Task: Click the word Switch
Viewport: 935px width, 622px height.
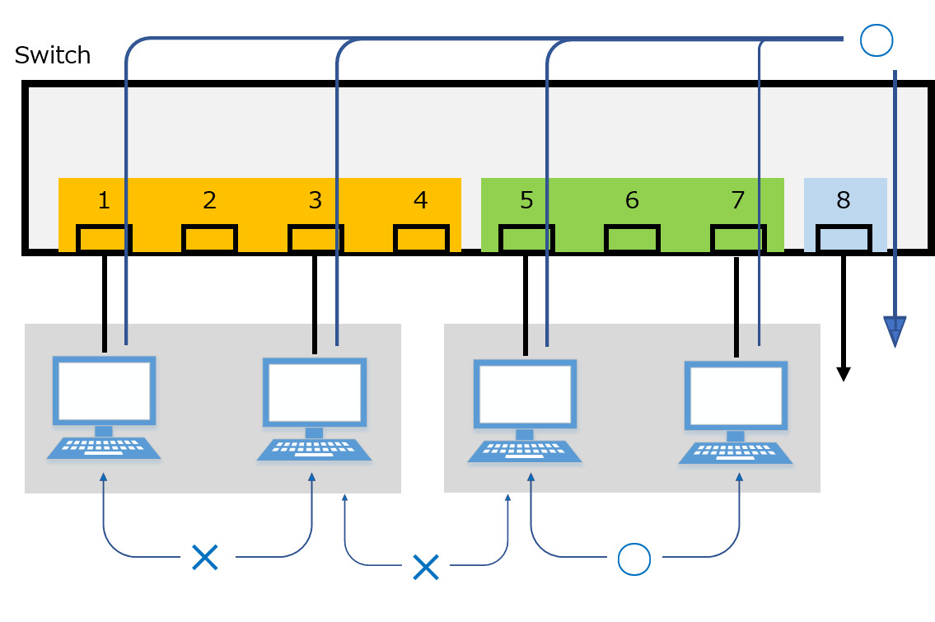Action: pyautogui.click(x=53, y=55)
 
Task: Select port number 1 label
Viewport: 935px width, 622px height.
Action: pyautogui.click(x=104, y=200)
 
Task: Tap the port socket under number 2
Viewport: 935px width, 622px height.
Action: pyautogui.click(x=209, y=239)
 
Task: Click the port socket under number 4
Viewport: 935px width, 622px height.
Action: pyautogui.click(x=420, y=239)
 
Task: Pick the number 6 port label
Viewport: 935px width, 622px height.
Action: pyautogui.click(x=632, y=200)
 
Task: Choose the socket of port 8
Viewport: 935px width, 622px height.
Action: pyautogui.click(x=843, y=239)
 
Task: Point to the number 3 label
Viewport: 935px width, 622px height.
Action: pyautogui.click(x=315, y=200)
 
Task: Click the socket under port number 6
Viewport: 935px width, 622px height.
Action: pyautogui.click(x=632, y=239)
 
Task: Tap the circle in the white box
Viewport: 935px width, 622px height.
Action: pyautogui.click(x=875, y=40)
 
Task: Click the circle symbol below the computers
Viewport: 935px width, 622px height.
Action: pyautogui.click(x=633, y=560)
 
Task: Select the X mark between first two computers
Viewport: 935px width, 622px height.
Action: pyautogui.click(x=204, y=558)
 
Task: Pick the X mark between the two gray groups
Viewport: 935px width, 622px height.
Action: pyautogui.click(x=425, y=566)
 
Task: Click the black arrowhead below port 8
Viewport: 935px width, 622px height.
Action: pyautogui.click(x=843, y=374)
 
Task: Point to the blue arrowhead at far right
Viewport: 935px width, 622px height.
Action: pyautogui.click(x=895, y=331)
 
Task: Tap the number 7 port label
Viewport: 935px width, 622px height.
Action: pyautogui.click(x=737, y=200)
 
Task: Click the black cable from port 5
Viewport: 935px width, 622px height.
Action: pyautogui.click(x=525, y=305)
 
